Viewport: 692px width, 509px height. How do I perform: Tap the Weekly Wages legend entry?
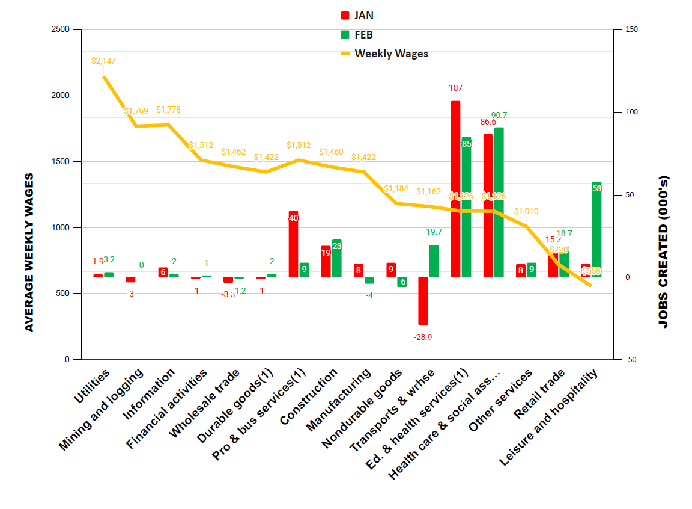coord(384,54)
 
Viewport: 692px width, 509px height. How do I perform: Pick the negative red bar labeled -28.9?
coord(423,300)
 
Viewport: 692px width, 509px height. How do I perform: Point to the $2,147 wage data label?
coord(103,61)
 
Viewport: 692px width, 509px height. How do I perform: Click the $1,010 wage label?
coord(526,212)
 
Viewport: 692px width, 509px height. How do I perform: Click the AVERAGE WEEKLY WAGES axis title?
coord(29,252)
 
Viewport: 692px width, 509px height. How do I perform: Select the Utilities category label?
coord(92,386)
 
